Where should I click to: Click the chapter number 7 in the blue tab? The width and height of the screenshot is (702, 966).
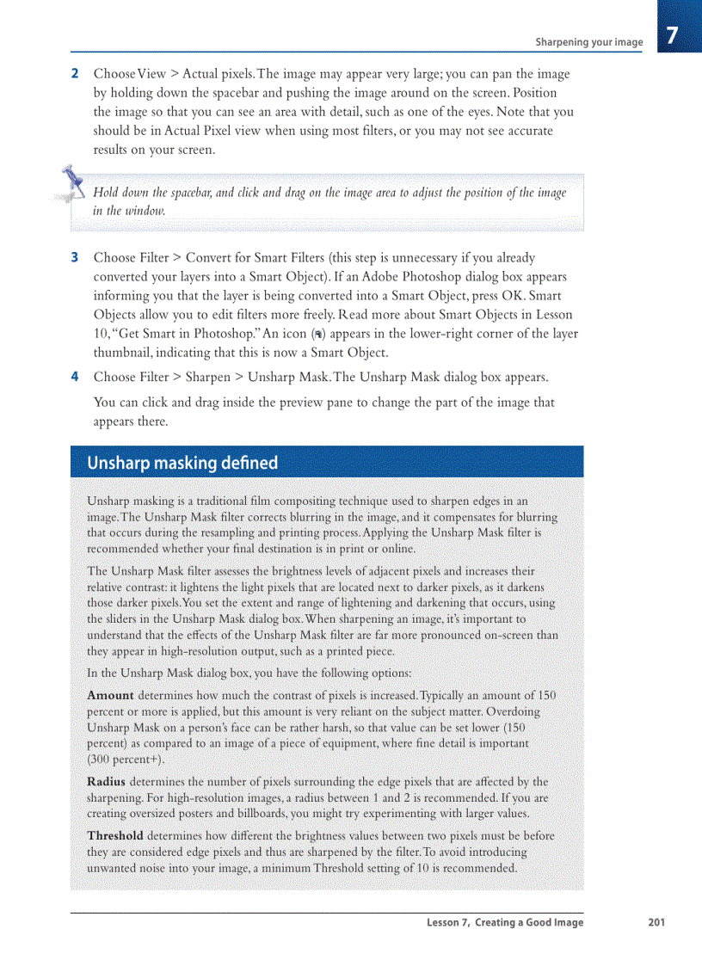coord(673,35)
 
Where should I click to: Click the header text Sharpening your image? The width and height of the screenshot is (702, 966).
coord(588,42)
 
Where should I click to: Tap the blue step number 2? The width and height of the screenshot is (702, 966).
coord(75,74)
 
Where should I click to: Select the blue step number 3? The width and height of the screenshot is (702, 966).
coord(75,257)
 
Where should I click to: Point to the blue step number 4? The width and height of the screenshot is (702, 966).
coord(75,377)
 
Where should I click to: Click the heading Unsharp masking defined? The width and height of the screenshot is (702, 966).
coord(182,463)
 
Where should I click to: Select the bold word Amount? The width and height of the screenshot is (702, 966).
coord(110,695)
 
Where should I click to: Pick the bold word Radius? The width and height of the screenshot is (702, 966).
coord(107,782)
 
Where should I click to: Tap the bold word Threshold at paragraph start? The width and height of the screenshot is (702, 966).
coord(115,836)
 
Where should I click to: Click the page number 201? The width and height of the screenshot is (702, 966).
coord(656,923)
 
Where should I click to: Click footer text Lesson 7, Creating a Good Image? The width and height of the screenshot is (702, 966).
coord(505,923)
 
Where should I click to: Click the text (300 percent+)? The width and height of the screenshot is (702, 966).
coord(126,760)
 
